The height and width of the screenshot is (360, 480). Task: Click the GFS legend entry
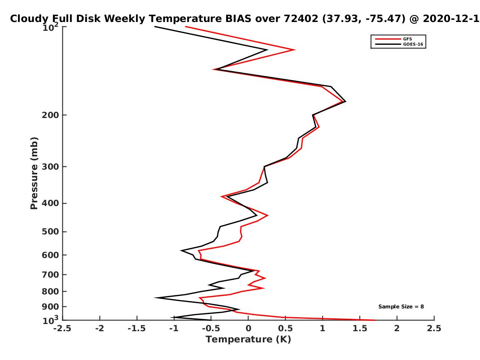pos(407,39)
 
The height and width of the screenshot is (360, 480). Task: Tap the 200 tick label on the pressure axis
pos(50,115)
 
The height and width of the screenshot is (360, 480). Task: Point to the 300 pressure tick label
pos(50,167)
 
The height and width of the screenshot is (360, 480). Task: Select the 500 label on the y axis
pos(50,232)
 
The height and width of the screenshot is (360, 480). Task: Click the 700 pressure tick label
pos(50,275)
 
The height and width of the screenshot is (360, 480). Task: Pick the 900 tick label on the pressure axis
pos(50,307)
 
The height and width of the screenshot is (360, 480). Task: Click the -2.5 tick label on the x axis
pos(62,328)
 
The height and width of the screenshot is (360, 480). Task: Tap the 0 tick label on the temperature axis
pos(248,328)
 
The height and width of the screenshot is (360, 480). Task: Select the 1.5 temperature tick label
pos(360,328)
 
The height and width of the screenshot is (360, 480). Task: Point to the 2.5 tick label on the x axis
pos(434,328)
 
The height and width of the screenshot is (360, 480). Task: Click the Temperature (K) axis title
pos(248,340)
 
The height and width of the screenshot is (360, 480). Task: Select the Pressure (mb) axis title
pos(34,173)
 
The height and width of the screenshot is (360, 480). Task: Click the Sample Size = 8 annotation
pos(401,307)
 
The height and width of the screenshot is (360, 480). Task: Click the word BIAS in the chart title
pos(238,19)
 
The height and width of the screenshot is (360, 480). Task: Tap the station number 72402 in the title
pos(301,19)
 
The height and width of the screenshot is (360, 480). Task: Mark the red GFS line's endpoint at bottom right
pos(375,320)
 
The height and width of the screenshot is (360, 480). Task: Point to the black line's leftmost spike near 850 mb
pos(154,298)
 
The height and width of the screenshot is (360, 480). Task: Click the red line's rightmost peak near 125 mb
pos(295,50)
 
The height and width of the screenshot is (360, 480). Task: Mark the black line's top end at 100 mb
pos(155,26)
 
